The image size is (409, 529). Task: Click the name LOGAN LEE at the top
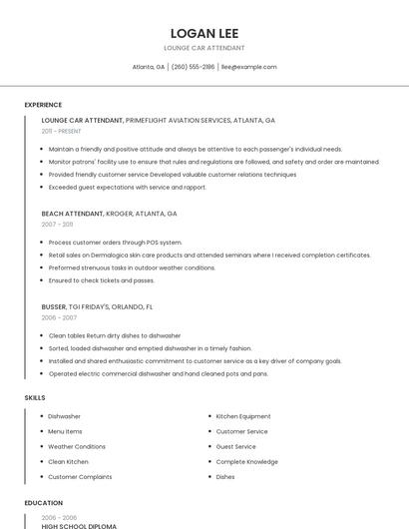coord(204,33)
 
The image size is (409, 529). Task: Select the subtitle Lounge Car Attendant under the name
coord(204,48)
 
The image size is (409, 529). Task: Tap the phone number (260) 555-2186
coord(193,67)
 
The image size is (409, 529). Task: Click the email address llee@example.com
coord(248,67)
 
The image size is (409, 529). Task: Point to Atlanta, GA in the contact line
coord(149,67)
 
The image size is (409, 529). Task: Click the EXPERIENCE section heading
coord(43,105)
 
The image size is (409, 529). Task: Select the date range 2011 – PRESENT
coord(61,131)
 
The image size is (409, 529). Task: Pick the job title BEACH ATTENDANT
coord(72,214)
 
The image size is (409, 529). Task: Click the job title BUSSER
coord(54,306)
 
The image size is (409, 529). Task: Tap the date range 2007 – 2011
coord(57,225)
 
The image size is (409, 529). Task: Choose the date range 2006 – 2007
coord(59,317)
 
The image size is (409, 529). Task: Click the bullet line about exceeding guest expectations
coord(128,187)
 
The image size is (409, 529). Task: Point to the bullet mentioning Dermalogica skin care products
coord(209,255)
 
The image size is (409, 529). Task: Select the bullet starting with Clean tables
coord(115,335)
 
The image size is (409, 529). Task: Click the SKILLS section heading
coord(35,397)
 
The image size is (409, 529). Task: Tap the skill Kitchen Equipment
coord(243,416)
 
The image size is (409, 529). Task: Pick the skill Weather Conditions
coord(77,446)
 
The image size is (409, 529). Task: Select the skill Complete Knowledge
coord(246,461)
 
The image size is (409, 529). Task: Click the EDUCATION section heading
coord(43,503)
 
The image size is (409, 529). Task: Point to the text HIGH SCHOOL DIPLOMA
coord(79,525)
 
